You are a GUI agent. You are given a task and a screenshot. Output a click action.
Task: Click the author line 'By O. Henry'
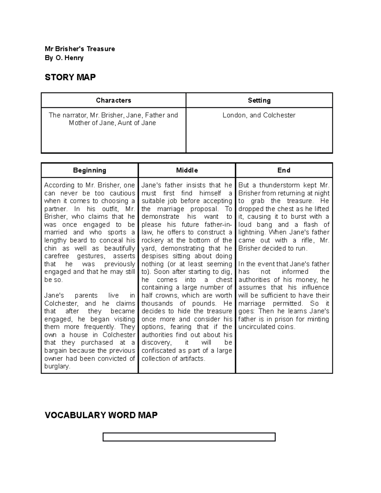(64, 58)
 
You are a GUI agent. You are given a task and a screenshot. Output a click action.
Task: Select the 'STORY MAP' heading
(70, 77)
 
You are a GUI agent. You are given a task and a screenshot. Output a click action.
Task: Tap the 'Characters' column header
(113, 100)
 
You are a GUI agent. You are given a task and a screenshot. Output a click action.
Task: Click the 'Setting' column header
(259, 100)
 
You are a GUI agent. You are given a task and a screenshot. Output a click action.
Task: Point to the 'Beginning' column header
(90, 170)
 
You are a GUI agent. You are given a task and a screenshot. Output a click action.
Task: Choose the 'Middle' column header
(187, 170)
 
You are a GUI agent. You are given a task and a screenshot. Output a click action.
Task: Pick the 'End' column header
(284, 170)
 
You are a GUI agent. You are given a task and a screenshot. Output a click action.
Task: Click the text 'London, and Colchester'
(259, 115)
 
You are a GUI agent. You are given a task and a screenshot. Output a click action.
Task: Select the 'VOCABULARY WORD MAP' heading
(101, 415)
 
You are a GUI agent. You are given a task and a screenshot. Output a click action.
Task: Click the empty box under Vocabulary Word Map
(189, 437)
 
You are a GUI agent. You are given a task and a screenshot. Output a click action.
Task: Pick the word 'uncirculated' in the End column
(257, 327)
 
